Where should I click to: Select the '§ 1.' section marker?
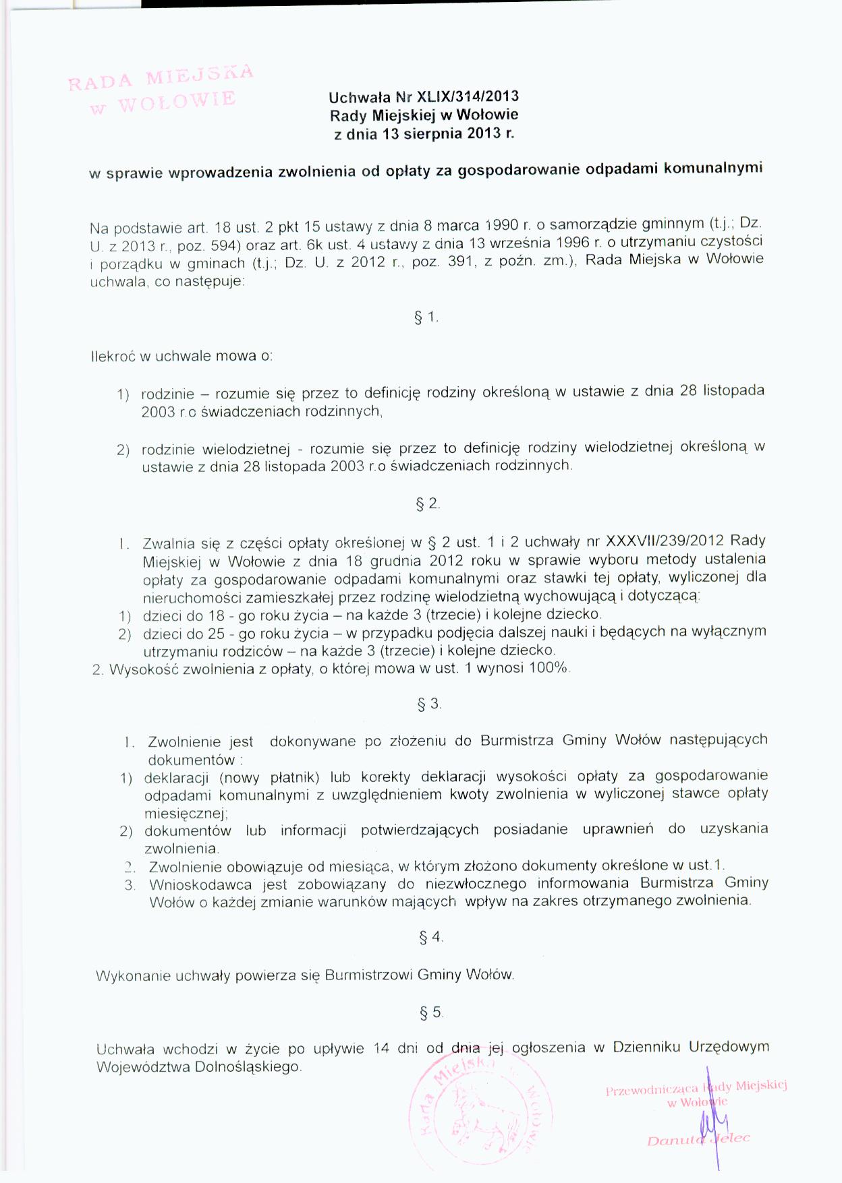(426, 317)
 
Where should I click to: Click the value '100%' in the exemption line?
(551, 668)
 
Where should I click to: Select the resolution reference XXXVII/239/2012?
(665, 541)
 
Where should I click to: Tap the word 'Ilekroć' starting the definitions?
(113, 356)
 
